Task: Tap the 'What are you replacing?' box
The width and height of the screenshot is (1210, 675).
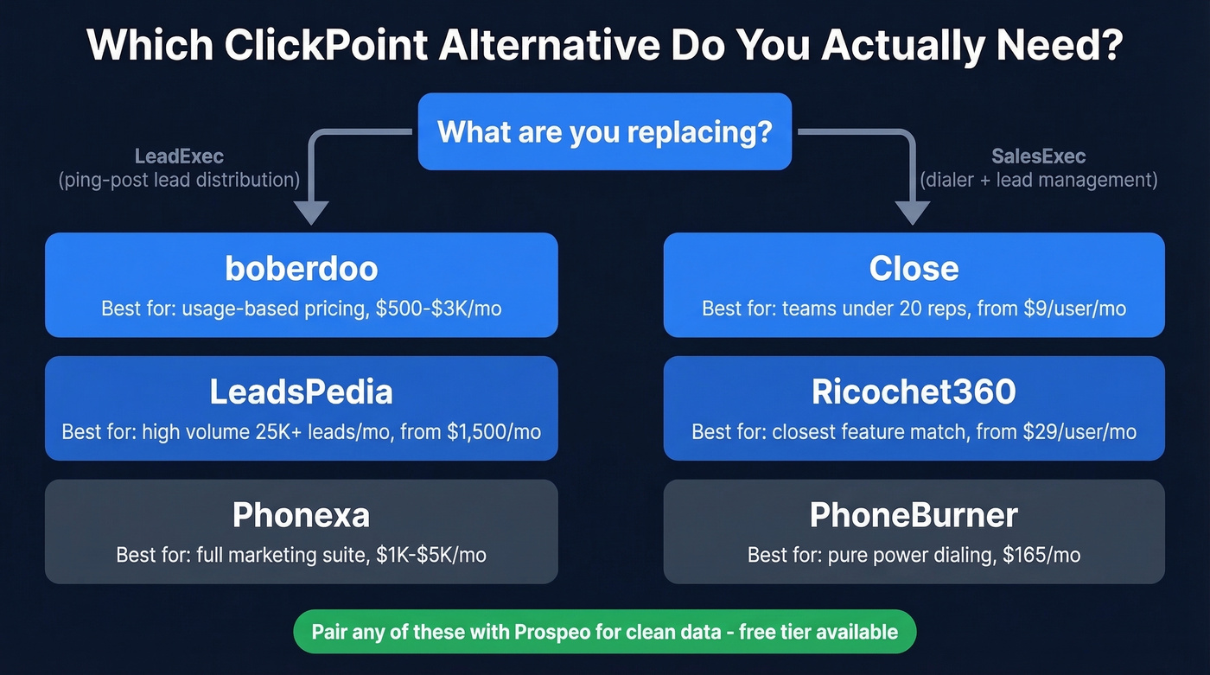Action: point(604,131)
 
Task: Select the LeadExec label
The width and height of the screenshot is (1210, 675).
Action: point(179,156)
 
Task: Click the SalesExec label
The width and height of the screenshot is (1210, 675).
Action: point(1038,156)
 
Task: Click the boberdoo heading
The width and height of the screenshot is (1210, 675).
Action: point(301,268)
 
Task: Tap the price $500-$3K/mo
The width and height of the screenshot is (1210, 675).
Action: point(439,309)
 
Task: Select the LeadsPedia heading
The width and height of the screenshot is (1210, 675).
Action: point(301,392)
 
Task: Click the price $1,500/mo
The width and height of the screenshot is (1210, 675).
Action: point(494,431)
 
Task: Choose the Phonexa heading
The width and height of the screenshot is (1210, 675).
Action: point(301,516)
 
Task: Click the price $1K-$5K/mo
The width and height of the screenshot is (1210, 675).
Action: point(431,555)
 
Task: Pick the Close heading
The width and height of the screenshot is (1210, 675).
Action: point(914,268)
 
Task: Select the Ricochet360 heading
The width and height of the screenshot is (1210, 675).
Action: point(914,392)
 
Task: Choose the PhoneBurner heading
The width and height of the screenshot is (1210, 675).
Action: point(914,516)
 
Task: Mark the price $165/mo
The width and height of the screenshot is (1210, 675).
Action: point(1041,555)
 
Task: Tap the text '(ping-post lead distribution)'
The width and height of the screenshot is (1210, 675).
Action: point(179,181)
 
